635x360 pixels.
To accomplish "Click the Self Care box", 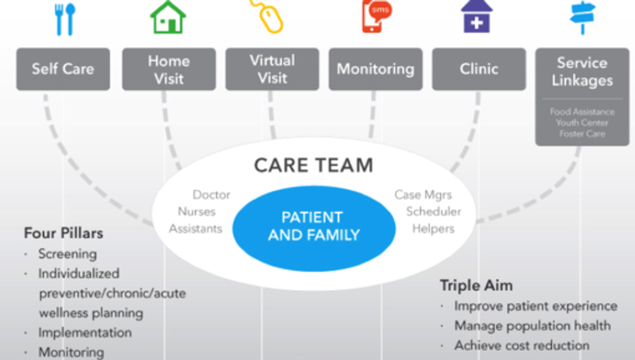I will (x=63, y=69).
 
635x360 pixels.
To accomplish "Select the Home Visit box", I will (x=169, y=69).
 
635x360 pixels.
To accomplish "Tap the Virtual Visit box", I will (x=272, y=69).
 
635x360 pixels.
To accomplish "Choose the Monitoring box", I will (x=375, y=69).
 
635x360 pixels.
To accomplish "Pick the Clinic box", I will (x=479, y=69).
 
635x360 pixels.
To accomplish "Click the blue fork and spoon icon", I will (x=64, y=19).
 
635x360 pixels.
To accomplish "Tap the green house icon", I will (x=168, y=17).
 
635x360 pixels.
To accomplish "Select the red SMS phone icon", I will (x=376, y=16).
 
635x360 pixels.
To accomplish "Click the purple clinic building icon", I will (x=476, y=16).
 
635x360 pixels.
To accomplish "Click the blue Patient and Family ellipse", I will (x=313, y=227).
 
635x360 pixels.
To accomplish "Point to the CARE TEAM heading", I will (x=313, y=166).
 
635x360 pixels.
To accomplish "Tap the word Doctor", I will (x=211, y=195).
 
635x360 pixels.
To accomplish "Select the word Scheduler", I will (x=433, y=211).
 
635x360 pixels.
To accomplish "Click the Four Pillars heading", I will (x=63, y=233).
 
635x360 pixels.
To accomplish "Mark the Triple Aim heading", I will (x=476, y=286).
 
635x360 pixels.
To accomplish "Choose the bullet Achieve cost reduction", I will (x=522, y=346).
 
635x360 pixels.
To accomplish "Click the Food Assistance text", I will (x=582, y=112).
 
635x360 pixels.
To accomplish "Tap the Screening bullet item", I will (x=67, y=254).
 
